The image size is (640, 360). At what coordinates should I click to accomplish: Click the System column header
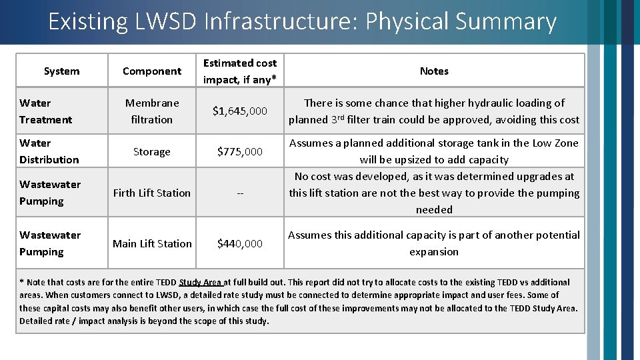[x=61, y=71]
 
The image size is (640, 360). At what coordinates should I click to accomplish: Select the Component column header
[x=152, y=71]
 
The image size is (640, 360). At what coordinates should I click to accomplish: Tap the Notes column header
[x=434, y=71]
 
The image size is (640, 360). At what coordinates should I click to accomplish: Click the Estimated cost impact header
[x=240, y=71]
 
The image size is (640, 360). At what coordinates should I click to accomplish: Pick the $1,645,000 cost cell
[x=240, y=111]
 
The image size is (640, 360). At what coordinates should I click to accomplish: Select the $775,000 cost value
[x=240, y=152]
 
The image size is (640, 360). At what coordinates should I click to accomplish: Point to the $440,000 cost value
[x=240, y=244]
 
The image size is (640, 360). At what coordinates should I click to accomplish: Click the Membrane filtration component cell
[x=152, y=111]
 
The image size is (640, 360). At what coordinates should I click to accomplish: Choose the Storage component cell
[x=152, y=152]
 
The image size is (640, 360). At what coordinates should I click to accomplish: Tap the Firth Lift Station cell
[x=152, y=193]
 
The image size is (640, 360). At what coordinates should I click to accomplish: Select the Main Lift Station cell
[x=152, y=244]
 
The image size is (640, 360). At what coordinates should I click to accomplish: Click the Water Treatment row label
[x=45, y=111]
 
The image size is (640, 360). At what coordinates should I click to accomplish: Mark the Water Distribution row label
[x=49, y=151]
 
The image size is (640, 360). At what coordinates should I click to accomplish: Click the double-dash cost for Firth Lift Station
[x=240, y=193]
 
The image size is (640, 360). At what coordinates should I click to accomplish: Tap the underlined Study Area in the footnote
[x=201, y=283]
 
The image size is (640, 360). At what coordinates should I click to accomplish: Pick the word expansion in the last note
[x=434, y=252]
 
